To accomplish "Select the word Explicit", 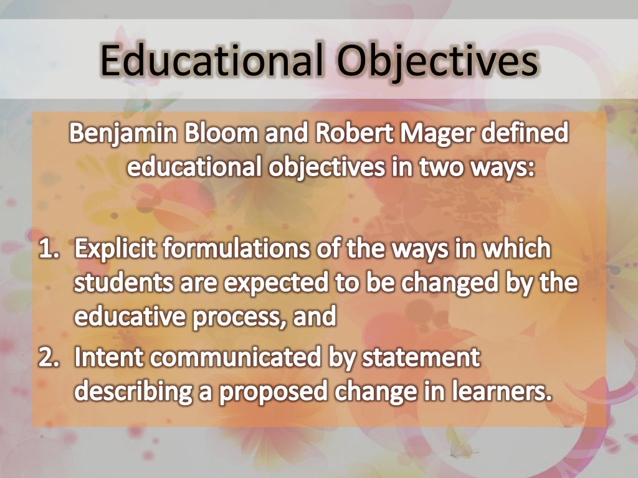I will pos(115,249).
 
